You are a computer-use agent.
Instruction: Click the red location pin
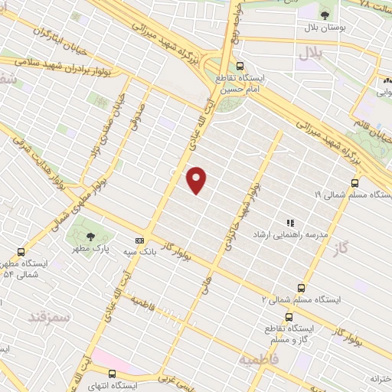point(197,179)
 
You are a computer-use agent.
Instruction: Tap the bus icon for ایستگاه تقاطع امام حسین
point(240,66)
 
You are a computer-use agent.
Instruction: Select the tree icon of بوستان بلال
point(325,14)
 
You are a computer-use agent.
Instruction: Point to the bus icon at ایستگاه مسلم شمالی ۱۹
point(354,183)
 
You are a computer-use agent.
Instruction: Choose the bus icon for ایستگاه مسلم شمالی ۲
point(301,288)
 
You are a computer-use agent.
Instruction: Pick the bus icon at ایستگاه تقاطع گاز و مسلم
point(289,317)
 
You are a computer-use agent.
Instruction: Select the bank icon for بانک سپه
point(139,240)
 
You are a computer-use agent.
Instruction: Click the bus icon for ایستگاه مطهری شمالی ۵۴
point(21,251)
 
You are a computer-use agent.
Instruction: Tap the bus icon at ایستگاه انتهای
point(113,374)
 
